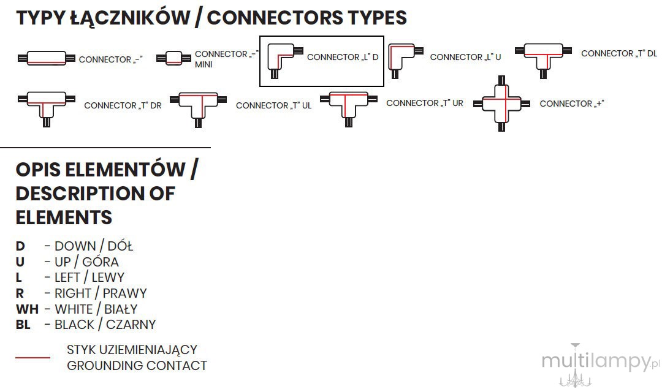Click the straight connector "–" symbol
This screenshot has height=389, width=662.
point(47,58)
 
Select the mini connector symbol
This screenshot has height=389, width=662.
point(173,58)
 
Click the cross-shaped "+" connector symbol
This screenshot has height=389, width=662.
point(501,104)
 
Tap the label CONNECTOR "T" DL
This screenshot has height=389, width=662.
point(619,53)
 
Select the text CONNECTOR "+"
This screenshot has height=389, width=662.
point(572,104)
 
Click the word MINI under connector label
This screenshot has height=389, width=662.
point(204,64)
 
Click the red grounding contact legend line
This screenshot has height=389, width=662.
point(32,357)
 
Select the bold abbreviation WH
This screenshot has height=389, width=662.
point(27,309)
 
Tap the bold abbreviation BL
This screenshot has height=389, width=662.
point(23,325)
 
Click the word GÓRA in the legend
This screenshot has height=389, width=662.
point(101,262)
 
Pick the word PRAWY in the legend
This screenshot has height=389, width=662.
point(125,293)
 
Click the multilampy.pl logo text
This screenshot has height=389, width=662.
point(600,362)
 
